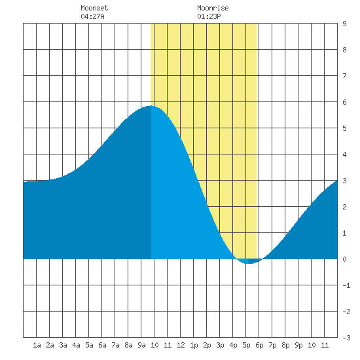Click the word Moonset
coord(94,8)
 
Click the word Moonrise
coord(213,8)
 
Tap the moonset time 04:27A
coord(92,16)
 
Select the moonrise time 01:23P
coord(209,16)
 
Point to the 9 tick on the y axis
coord(344,24)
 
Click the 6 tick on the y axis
coord(344,102)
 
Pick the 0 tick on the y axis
coord(344,259)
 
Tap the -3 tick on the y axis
coord(346,338)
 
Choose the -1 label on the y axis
coord(346,285)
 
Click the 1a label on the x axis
coord(37,345)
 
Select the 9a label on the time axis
coord(141,345)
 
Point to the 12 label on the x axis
coord(181,345)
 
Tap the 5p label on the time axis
coord(246,345)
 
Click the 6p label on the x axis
coord(259,345)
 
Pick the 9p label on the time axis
coord(298,345)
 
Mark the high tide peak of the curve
coord(151,106)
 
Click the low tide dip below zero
coord(249,263)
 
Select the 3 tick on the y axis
coord(344,181)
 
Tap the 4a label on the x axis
coord(76,345)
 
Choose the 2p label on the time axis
coord(207,345)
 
